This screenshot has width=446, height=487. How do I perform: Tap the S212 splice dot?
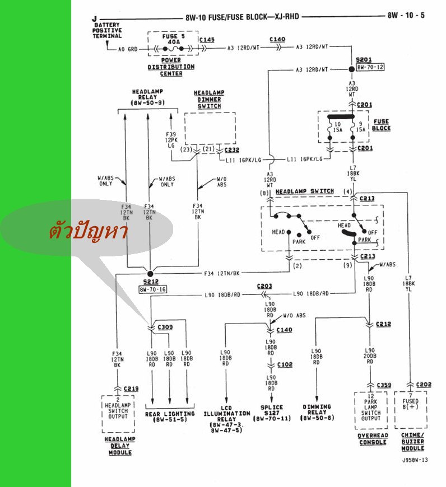coord(150,274)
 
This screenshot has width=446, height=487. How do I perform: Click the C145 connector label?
coord(206,40)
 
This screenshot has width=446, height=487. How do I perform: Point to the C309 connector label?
coord(165,326)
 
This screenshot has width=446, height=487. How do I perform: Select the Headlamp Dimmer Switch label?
coord(208,99)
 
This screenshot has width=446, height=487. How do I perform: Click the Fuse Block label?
coord(382,125)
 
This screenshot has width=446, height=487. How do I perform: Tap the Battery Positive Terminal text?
coord(107,30)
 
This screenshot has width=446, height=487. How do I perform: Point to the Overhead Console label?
coord(373,439)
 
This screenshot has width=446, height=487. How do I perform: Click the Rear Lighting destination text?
coord(170,416)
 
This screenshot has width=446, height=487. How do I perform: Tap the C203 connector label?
coord(264,286)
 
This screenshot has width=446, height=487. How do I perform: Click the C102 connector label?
coord(284,364)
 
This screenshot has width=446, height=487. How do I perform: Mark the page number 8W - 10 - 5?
coord(406,15)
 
